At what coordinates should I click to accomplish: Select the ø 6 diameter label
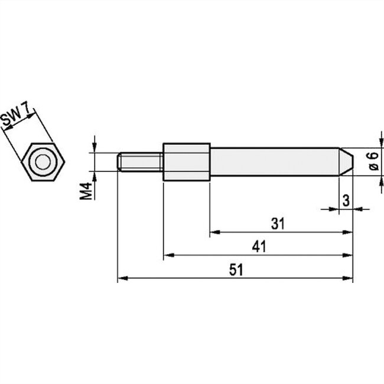click(x=372, y=161)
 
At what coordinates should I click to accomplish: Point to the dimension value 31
click(x=278, y=224)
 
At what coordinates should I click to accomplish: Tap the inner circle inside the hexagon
click(x=43, y=162)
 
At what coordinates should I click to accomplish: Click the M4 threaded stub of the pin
click(x=139, y=162)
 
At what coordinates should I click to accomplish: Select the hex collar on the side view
click(x=186, y=161)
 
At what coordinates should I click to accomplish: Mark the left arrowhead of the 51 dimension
click(x=121, y=278)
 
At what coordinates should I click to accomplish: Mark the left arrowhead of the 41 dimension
click(x=167, y=255)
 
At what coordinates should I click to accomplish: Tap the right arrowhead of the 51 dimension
click(x=350, y=278)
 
